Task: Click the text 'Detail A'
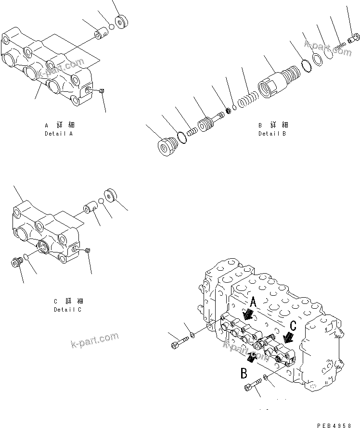tap(58, 133)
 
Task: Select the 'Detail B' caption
tap(272, 133)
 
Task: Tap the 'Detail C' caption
tap(67, 309)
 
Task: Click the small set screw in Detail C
tap(88, 250)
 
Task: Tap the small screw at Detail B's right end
tap(355, 37)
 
